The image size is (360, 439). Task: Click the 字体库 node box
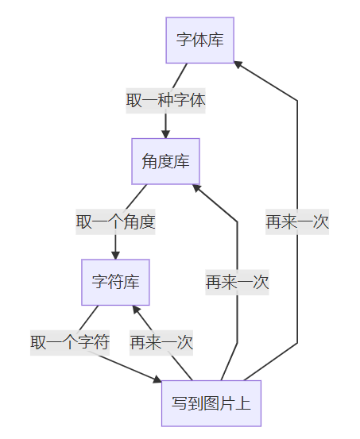click(x=199, y=40)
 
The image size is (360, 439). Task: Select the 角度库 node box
click(x=165, y=161)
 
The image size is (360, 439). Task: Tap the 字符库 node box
click(x=115, y=282)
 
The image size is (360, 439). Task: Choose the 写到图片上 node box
click(x=211, y=403)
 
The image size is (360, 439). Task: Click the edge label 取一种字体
click(x=165, y=101)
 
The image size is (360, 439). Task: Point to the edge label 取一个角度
click(x=115, y=221)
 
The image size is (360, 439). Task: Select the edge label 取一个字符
click(x=70, y=342)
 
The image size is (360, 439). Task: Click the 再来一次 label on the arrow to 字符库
click(x=161, y=342)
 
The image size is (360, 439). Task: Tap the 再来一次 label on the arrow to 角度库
click(x=237, y=282)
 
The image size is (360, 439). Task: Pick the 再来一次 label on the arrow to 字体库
click(x=297, y=221)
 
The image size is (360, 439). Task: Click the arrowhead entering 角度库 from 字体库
click(x=165, y=133)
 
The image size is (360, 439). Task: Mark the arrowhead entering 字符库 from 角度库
click(x=115, y=254)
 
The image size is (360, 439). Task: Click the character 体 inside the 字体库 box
click(x=199, y=40)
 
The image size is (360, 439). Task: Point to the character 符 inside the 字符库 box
click(x=115, y=282)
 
